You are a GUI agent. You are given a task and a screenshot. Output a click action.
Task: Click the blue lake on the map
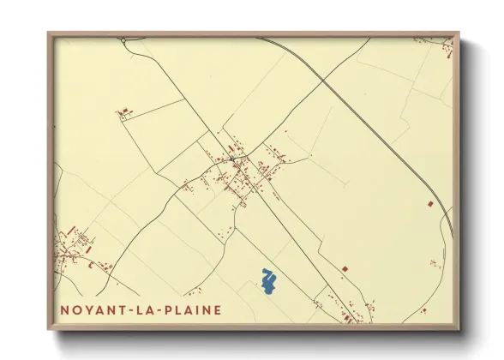[269, 282]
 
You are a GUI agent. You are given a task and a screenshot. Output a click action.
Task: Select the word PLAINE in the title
[189, 309]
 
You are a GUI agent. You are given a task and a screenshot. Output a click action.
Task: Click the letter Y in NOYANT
[87, 309]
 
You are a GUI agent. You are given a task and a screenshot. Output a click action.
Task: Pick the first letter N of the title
[64, 309]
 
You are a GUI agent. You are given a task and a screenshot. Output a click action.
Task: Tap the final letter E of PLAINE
[217, 309]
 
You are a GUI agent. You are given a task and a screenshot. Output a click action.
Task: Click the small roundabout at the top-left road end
[123, 39]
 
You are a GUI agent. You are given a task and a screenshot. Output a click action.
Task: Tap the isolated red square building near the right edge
[430, 203]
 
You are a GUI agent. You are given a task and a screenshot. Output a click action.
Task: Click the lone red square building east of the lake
[345, 269]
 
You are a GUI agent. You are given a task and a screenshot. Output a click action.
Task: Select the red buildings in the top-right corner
[447, 51]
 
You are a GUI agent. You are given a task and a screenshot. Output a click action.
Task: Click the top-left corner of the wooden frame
[48, 33]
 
